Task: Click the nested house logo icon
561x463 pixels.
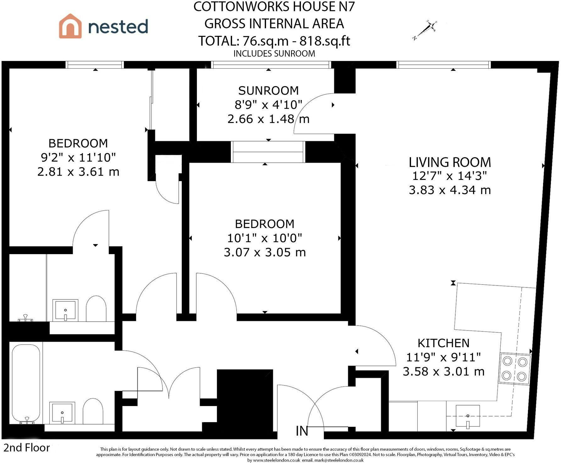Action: point(70,26)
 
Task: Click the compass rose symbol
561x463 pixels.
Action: point(425,30)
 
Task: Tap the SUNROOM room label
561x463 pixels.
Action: point(269,91)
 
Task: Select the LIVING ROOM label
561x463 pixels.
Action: point(450,162)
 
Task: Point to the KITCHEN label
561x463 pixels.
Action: point(443,343)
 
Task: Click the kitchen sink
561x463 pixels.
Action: point(468,417)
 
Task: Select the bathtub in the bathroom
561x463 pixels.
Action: point(26,384)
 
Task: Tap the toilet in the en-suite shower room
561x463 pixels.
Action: point(96,309)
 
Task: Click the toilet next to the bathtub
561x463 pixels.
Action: point(93,411)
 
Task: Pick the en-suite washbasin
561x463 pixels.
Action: point(65,310)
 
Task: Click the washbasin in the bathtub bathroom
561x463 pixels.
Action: point(62,412)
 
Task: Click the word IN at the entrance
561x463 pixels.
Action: point(302,431)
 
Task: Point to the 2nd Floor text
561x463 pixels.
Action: point(27,448)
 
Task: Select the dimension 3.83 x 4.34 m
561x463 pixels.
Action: point(450,190)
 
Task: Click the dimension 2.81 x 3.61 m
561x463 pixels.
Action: point(78,172)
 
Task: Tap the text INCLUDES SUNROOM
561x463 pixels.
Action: point(274,53)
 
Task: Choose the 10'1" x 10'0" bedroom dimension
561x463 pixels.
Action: point(264,238)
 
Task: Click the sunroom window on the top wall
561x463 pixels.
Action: point(271,65)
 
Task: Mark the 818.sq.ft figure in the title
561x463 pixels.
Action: point(325,41)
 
